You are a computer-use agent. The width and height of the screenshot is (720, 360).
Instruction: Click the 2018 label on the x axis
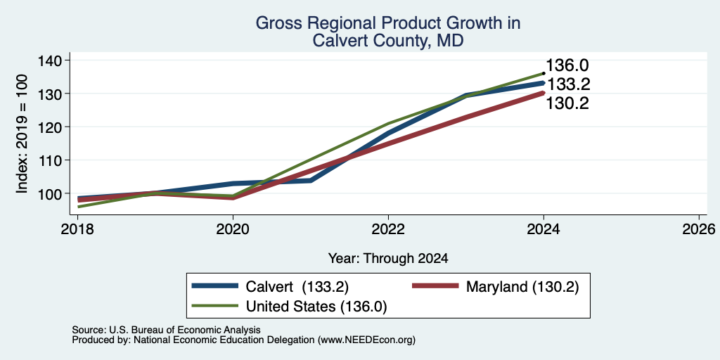point(77,229)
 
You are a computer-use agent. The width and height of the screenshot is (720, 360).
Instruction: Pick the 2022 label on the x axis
point(388,229)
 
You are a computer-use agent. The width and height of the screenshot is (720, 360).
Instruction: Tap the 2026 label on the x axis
point(699,229)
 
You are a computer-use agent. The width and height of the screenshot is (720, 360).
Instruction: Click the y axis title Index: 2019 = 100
point(22,134)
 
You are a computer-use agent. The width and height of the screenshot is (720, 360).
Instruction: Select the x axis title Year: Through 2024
point(388,259)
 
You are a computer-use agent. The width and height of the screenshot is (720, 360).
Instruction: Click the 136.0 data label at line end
point(567,65)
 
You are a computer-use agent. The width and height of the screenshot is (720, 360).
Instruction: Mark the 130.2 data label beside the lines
point(567,104)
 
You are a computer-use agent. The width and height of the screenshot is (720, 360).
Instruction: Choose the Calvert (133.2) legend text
point(297,287)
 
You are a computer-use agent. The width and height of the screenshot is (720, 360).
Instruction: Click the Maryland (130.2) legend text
point(522,287)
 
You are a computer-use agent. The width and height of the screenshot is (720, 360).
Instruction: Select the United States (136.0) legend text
point(316,307)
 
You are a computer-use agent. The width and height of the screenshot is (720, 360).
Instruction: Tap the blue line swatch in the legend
point(215,286)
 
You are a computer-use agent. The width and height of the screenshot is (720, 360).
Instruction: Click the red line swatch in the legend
point(435,286)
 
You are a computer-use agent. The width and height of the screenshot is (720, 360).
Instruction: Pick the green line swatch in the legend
point(215,306)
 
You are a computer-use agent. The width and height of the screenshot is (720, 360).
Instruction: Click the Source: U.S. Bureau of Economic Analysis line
point(166,330)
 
